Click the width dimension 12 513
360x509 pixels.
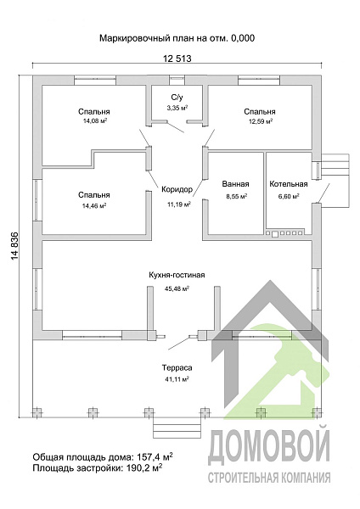[x=177, y=59]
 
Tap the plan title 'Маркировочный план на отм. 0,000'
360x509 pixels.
[x=177, y=38]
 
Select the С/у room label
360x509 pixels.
[x=177, y=97]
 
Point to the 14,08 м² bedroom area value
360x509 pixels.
[x=94, y=121]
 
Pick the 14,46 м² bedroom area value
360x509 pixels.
[x=94, y=205]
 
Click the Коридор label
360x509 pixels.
[x=177, y=189]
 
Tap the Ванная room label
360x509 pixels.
[x=235, y=184]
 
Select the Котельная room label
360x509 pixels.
[x=289, y=184]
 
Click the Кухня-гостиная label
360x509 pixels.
[x=177, y=275]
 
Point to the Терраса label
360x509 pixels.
[x=177, y=368]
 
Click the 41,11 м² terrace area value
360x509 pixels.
[x=177, y=378]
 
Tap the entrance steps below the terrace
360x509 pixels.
[x=176, y=428]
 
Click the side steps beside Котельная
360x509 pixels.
[x=335, y=181]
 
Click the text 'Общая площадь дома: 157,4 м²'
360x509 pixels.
[x=103, y=457]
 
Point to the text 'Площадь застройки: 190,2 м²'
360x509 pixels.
[x=98, y=468]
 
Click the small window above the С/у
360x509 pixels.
[x=177, y=78]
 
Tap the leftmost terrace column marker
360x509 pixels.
[x=37, y=412]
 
